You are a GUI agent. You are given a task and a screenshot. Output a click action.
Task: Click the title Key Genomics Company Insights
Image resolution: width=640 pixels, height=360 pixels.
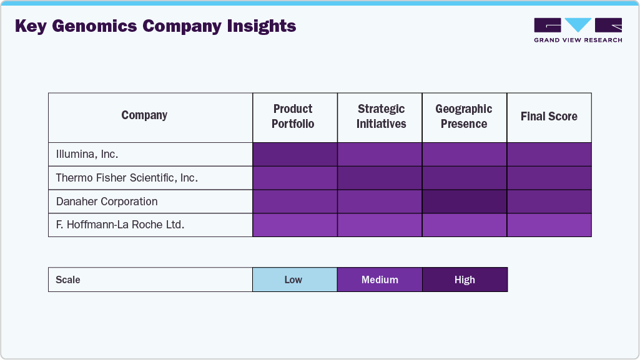(x=155, y=26)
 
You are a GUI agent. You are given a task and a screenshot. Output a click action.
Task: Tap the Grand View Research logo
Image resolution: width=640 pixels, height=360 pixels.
(x=578, y=30)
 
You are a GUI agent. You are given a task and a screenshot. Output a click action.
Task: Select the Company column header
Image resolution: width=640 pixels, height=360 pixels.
(x=144, y=115)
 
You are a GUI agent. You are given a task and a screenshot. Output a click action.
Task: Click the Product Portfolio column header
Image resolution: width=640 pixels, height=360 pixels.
(x=293, y=117)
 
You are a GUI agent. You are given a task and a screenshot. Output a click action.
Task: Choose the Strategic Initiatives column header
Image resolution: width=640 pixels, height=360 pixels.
(x=381, y=117)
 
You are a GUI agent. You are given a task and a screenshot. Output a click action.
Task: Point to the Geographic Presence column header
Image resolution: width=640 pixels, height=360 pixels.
(x=464, y=117)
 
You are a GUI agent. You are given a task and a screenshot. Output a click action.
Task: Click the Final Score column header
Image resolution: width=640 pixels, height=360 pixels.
(x=549, y=117)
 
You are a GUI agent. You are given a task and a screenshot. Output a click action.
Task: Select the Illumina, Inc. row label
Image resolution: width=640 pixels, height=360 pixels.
(x=87, y=154)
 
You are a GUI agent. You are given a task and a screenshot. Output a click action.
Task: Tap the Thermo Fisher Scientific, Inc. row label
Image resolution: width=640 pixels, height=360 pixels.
(x=127, y=178)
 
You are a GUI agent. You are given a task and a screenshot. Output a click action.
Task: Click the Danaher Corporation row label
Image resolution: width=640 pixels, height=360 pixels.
(x=107, y=202)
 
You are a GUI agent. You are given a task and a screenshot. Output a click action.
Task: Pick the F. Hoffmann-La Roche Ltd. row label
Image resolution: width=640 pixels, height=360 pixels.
(x=120, y=225)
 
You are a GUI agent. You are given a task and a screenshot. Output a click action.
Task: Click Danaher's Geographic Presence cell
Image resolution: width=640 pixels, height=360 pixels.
(x=465, y=202)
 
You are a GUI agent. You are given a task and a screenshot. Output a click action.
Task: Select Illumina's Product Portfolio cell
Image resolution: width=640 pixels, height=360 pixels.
(x=295, y=154)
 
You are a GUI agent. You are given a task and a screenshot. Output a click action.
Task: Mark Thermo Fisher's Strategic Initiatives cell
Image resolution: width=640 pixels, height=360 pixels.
(x=380, y=178)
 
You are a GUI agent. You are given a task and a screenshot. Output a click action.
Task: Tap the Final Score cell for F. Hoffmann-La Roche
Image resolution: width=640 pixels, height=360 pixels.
(x=549, y=225)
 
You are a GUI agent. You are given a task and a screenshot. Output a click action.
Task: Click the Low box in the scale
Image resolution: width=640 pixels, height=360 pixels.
(x=294, y=280)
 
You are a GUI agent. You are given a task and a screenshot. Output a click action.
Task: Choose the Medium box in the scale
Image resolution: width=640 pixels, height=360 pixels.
(x=380, y=280)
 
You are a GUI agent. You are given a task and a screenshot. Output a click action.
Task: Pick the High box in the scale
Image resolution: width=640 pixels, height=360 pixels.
(x=465, y=280)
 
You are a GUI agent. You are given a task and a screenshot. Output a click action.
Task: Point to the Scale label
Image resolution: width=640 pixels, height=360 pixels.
(x=68, y=280)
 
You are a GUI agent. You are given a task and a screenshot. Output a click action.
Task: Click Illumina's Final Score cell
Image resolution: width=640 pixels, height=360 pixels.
(x=549, y=154)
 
